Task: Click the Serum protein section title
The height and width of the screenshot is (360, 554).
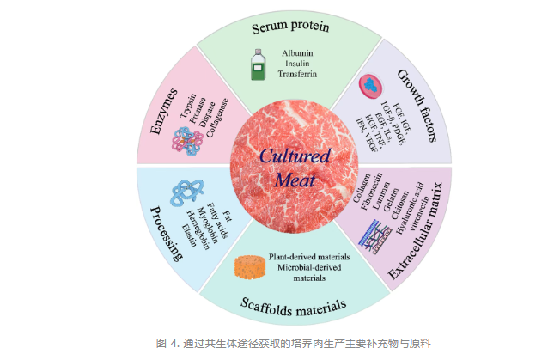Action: click(289, 28)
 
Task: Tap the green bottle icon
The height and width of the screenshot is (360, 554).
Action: click(257, 65)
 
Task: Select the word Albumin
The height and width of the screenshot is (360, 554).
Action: click(297, 53)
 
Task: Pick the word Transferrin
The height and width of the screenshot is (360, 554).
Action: click(297, 75)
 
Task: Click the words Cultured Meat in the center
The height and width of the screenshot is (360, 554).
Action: click(289, 168)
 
